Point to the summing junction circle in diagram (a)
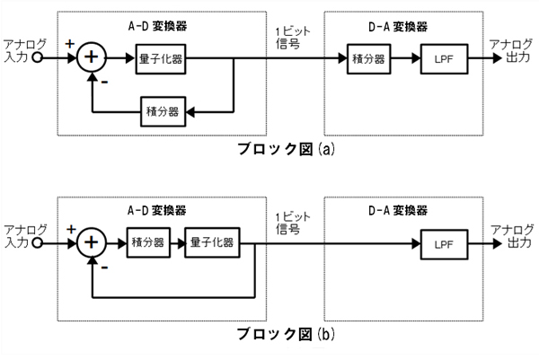pyautogui.click(x=92, y=59)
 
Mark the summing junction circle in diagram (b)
pyautogui.click(x=92, y=243)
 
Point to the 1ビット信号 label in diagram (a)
pyautogui.click(x=289, y=38)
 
